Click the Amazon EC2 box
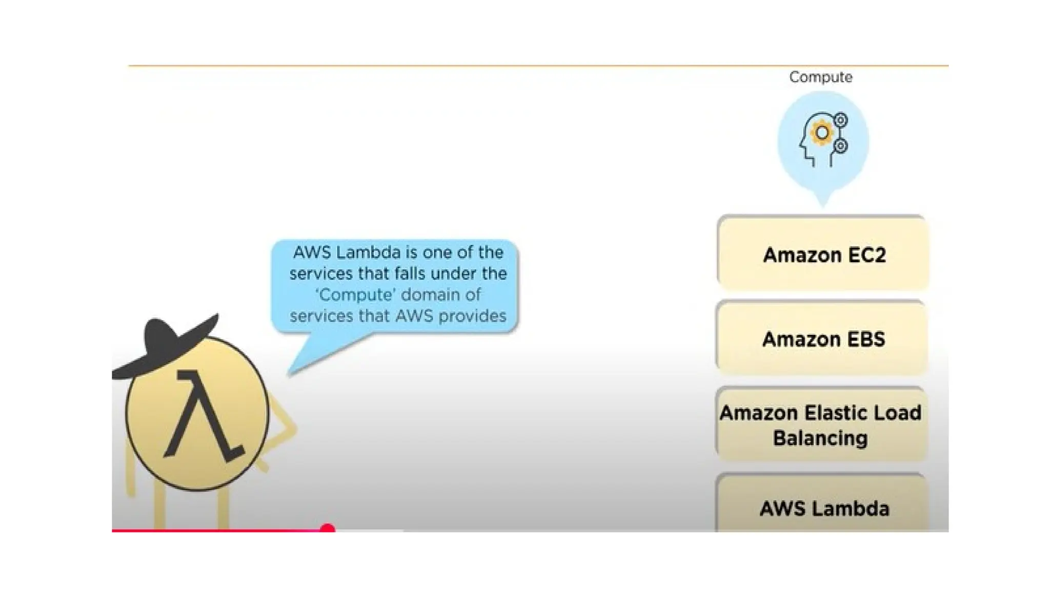coord(823,254)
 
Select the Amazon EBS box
coord(822,339)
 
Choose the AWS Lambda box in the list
coord(823,508)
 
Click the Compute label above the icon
coord(820,77)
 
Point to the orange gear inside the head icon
coord(822,133)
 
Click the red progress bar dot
coord(327,529)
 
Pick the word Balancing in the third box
coord(820,438)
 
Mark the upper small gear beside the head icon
coord(840,121)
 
